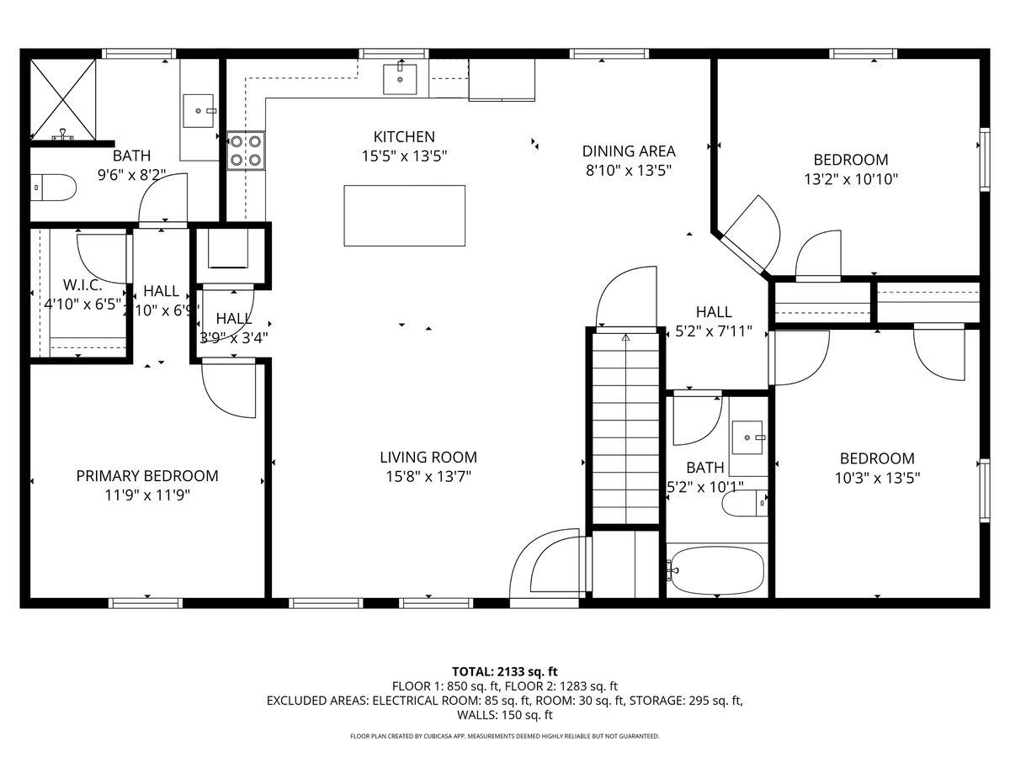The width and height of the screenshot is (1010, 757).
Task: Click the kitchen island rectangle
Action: (404, 215)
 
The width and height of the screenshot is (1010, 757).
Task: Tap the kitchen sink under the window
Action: (399, 79)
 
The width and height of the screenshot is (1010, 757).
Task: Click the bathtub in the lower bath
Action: (716, 570)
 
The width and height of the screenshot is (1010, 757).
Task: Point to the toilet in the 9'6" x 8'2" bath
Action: (51, 188)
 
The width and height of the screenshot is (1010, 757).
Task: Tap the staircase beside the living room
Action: (625, 429)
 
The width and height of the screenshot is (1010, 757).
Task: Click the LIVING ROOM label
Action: (428, 458)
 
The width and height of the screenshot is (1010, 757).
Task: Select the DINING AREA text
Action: (629, 151)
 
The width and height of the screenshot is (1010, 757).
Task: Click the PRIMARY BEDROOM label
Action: (147, 476)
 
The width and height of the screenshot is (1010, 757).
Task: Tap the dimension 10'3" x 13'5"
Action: (877, 478)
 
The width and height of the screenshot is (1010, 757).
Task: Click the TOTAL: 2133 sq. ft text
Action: (505, 671)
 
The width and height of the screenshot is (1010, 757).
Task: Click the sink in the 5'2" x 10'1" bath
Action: (747, 437)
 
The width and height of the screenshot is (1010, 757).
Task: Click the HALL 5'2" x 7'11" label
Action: (713, 321)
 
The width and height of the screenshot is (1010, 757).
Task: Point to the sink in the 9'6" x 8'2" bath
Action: (200, 110)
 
